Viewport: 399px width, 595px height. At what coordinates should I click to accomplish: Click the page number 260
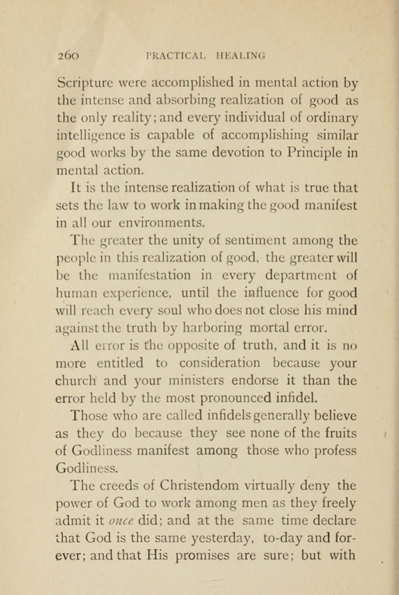pyautogui.click(x=68, y=56)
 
